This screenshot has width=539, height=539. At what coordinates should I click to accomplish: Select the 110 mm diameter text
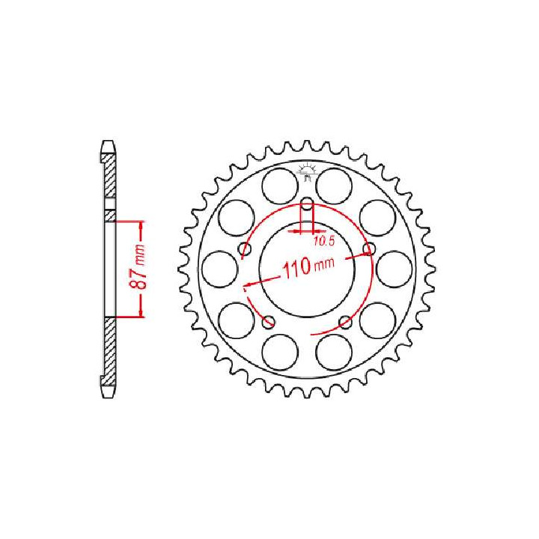click(x=307, y=267)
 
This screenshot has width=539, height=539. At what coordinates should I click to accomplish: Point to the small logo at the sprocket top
click(x=305, y=171)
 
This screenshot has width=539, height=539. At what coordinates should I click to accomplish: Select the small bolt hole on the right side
click(x=368, y=248)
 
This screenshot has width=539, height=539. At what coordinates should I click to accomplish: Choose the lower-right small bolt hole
click(x=344, y=322)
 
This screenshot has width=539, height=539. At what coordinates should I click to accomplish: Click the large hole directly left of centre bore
click(x=221, y=267)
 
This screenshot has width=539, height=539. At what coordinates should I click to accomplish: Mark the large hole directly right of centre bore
click(x=393, y=267)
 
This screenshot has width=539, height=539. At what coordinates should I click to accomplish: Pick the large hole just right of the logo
click(x=334, y=183)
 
